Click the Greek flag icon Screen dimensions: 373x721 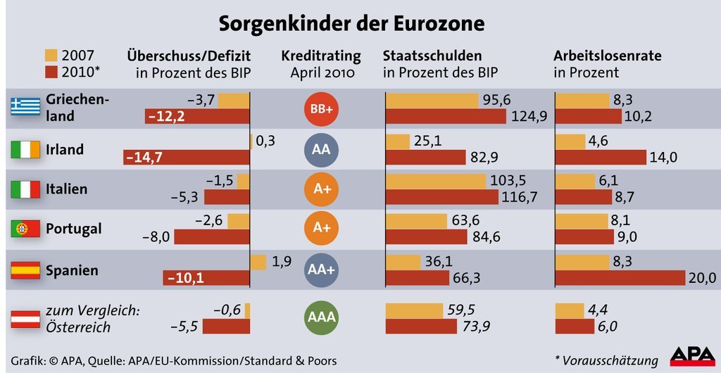pos(25,107)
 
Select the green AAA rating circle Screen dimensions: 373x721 pos(321,318)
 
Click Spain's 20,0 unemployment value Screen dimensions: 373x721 pos(702,278)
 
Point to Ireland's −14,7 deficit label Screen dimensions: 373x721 pos(144,158)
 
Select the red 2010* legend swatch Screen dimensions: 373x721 pos(51,72)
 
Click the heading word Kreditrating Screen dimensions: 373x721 pos(320,56)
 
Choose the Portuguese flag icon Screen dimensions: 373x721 pos(25,229)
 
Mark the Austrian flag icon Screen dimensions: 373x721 pos(25,318)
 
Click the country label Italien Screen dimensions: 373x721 pos(66,189)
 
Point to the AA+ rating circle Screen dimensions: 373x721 pos(321,270)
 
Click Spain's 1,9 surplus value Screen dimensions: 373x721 pos(282,262)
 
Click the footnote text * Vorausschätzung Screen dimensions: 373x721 pos(606,360)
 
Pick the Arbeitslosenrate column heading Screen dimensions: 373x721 pos(607,56)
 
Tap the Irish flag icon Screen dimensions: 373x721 pos(25,149)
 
